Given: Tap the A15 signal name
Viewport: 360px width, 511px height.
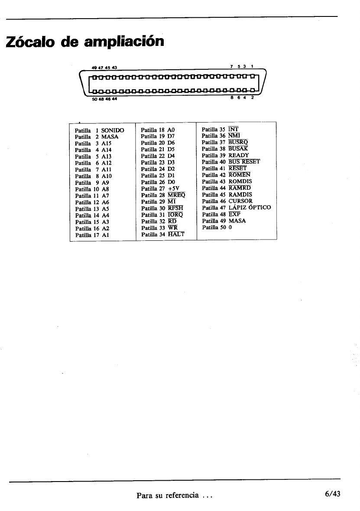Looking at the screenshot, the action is point(107,143).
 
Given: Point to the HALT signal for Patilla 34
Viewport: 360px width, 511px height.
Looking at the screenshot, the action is point(176,234).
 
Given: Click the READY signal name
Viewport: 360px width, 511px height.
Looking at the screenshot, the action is point(239,155).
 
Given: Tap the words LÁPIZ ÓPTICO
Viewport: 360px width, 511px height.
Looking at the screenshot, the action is point(250,207).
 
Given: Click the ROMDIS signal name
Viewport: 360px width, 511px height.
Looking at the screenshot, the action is point(240,181).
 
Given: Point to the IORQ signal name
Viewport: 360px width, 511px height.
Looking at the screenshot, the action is point(175,214).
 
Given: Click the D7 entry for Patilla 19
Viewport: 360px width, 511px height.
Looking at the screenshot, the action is point(171,136).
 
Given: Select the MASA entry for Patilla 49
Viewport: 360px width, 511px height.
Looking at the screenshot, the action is point(237,220).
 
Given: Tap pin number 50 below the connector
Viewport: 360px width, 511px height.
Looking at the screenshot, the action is point(94,98).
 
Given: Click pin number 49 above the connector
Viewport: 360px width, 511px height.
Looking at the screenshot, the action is point(94,67).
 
